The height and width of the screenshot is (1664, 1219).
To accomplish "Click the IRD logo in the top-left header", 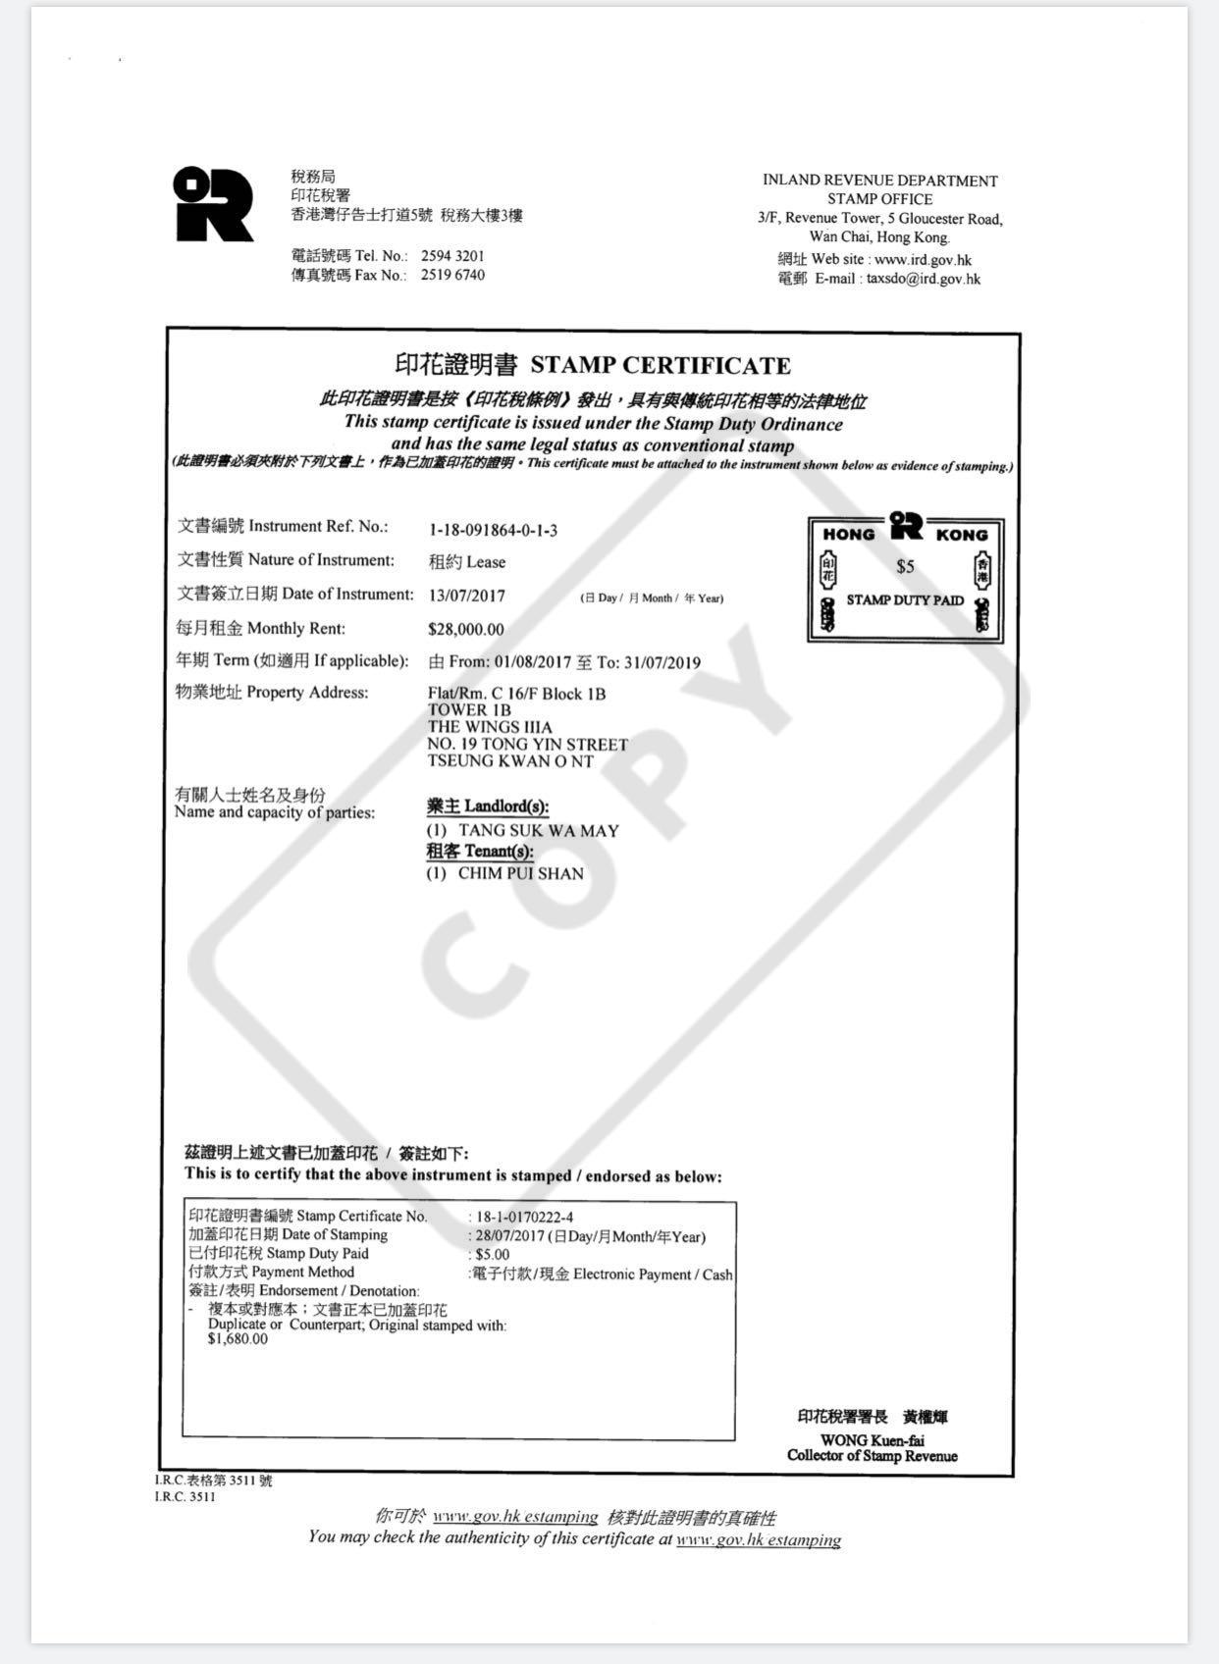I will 212,204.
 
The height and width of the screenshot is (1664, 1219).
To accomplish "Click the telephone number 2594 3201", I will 452,256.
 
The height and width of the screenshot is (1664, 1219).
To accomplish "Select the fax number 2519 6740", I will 452,276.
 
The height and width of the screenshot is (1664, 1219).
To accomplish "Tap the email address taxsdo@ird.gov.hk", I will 923,279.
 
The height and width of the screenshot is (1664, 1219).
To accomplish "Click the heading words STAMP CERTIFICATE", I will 660,366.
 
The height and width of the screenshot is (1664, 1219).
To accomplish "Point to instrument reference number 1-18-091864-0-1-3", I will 493,531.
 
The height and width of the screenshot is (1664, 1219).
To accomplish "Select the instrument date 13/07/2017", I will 467,596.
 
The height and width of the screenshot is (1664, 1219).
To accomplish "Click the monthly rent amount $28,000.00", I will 466,630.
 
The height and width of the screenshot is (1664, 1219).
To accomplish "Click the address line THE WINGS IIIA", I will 490,727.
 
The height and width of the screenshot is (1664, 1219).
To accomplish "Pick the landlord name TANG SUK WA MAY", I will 538,831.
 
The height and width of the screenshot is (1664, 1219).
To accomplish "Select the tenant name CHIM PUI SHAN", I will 520,873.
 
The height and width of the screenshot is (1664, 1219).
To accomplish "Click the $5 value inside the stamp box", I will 905,567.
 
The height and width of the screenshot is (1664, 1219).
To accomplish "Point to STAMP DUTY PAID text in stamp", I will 905,600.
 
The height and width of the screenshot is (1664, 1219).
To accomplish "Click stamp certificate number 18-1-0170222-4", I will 524,1218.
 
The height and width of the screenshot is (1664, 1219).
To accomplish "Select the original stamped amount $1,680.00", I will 238,1339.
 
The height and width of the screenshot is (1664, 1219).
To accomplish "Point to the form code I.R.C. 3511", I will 185,1497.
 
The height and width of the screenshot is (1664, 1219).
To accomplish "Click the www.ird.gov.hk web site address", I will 923,260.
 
